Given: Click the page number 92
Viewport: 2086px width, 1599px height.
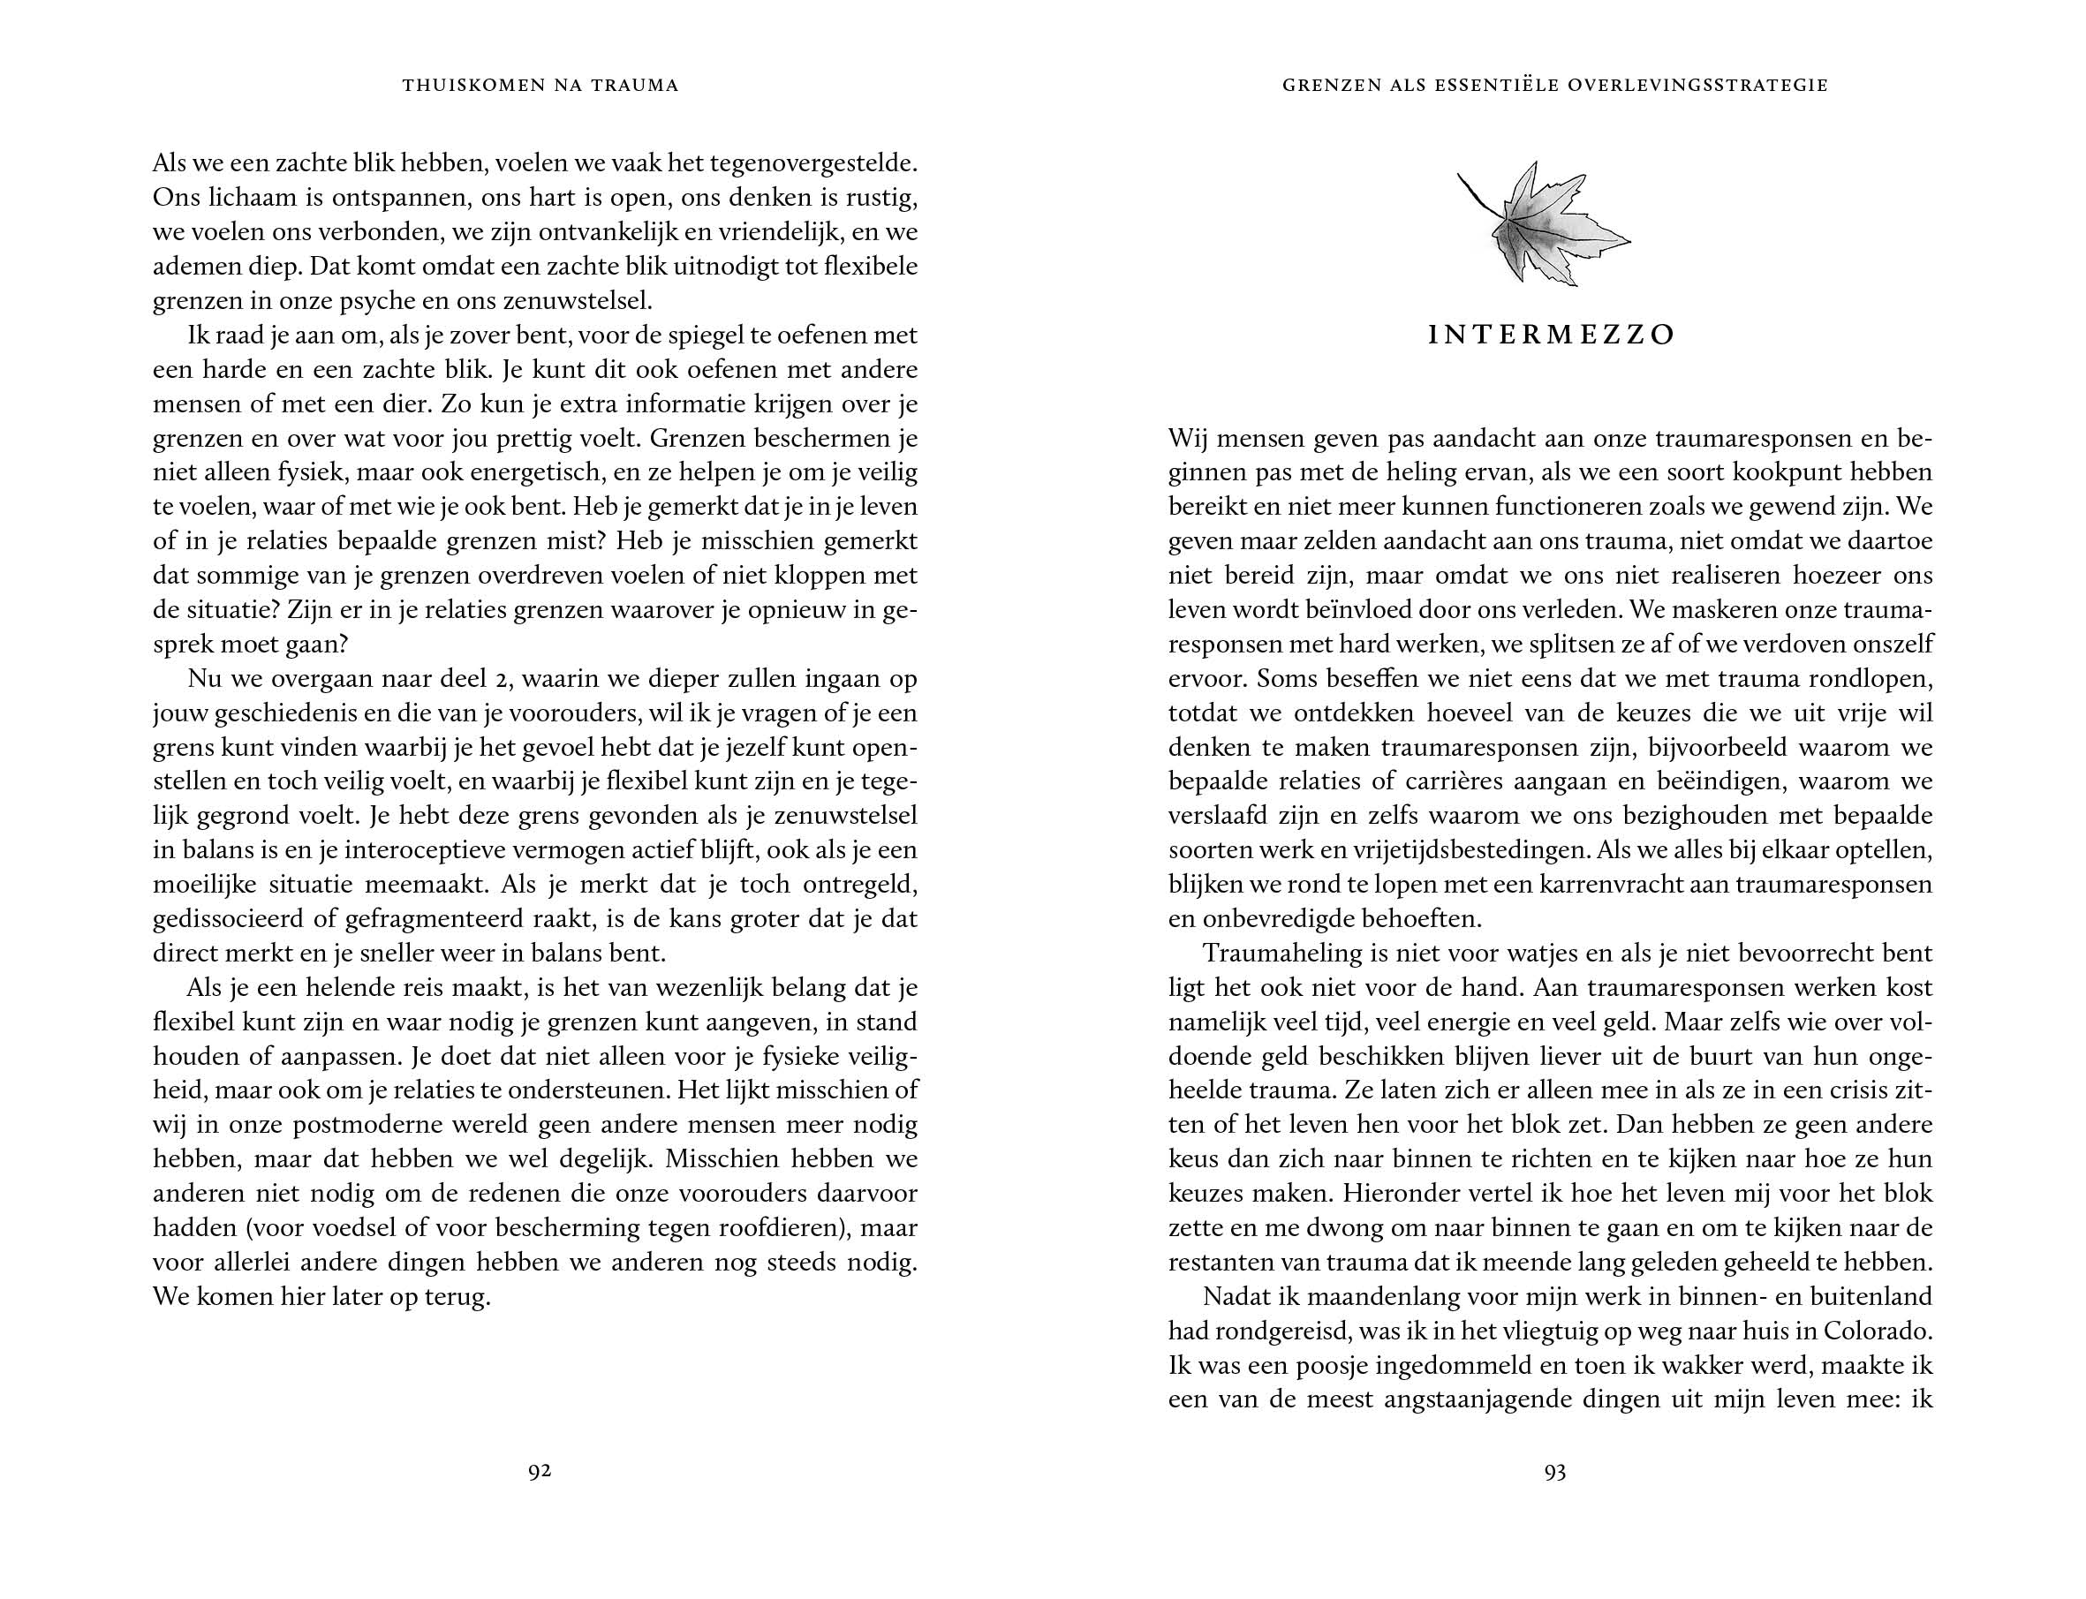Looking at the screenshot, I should click(540, 1472).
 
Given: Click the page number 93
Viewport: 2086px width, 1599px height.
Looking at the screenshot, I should click(1553, 1473).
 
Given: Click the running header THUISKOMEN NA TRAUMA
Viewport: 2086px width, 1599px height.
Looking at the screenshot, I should click(540, 86).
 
